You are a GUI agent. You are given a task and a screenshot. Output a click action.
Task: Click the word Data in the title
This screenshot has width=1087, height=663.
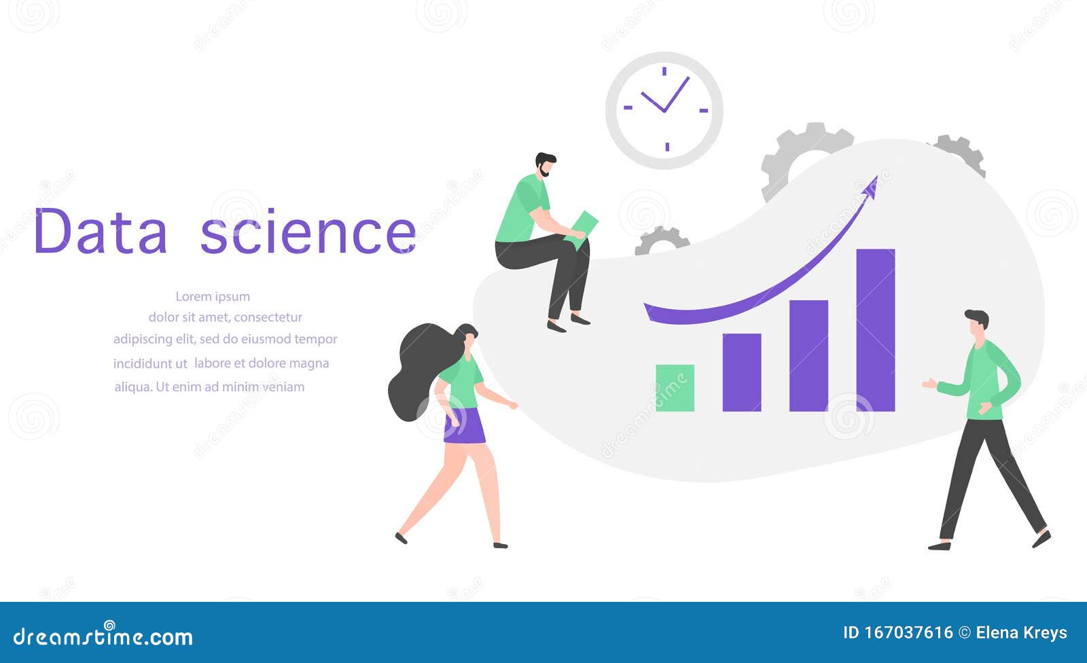point(100,232)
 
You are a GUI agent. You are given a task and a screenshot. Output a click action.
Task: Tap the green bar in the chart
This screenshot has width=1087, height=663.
point(675,388)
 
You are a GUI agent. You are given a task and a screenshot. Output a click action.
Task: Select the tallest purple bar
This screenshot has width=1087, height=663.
point(875,329)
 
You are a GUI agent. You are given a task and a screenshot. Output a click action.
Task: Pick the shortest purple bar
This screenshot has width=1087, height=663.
point(741,372)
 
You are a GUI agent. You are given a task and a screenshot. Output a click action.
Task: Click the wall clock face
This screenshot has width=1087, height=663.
point(664,110)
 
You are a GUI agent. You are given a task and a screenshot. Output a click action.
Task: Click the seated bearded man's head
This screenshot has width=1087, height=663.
point(545,164)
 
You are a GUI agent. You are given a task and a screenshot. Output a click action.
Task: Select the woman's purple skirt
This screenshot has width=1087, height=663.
point(465,427)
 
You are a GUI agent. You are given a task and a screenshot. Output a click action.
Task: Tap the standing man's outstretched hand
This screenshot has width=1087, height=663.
point(929,384)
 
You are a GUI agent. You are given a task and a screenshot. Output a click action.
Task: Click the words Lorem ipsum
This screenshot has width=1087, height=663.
point(213,296)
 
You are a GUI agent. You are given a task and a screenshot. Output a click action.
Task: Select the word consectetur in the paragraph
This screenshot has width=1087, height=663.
point(268,317)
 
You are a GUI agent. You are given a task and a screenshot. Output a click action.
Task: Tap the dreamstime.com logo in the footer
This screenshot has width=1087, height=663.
point(103,636)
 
